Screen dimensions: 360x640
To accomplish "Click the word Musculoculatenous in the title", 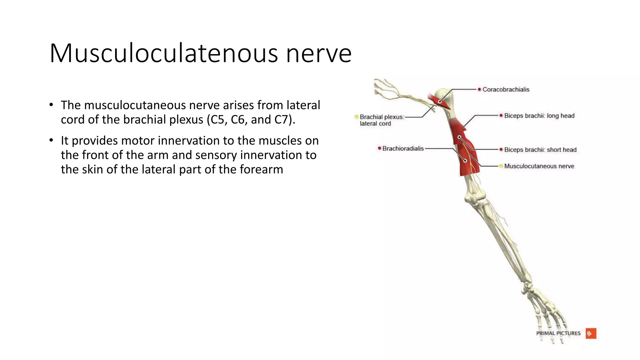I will [x=163, y=53].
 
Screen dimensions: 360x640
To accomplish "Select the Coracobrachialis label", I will [x=506, y=90].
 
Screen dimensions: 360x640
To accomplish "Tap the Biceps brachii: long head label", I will [x=539, y=116].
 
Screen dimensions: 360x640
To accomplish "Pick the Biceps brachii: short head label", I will [x=540, y=150].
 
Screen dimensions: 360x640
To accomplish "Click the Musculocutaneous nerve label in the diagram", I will [x=539, y=166].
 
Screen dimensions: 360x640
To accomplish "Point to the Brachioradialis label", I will [x=403, y=149].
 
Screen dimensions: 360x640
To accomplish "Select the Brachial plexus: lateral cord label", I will [x=382, y=120].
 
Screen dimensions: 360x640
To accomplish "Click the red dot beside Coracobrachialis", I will [x=479, y=89].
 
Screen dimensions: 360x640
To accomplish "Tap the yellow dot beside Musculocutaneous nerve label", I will [x=501, y=166].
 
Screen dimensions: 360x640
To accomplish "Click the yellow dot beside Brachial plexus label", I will [x=356, y=117].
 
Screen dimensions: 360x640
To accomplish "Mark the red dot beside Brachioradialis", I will [x=379, y=148].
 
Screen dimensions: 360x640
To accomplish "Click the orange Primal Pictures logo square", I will [x=591, y=333].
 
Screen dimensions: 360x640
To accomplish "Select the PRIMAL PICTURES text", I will [x=558, y=333].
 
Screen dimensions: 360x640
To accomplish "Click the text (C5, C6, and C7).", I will [x=251, y=120].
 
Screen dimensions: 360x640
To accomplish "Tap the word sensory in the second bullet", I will [x=216, y=155].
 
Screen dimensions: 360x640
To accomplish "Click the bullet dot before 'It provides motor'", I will [x=51, y=140].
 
